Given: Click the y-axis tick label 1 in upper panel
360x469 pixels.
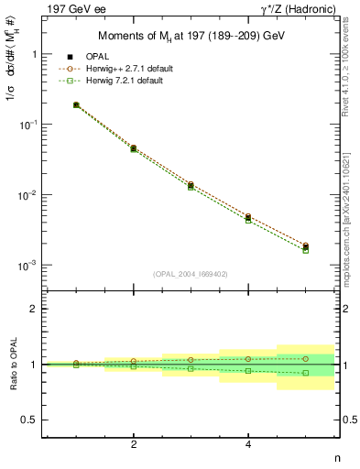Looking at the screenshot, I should click(x=34, y=54).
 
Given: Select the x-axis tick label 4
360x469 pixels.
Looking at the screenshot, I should click(x=248, y=444).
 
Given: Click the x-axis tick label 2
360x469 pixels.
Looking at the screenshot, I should click(x=134, y=444).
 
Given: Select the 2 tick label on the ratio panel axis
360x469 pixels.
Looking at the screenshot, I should click(x=34, y=309).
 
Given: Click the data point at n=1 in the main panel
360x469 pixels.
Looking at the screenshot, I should click(x=76, y=105).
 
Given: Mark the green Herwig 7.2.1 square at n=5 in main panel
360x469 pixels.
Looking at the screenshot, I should click(x=306, y=250).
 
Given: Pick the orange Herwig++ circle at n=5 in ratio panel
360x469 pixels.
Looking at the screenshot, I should click(x=306, y=358).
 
